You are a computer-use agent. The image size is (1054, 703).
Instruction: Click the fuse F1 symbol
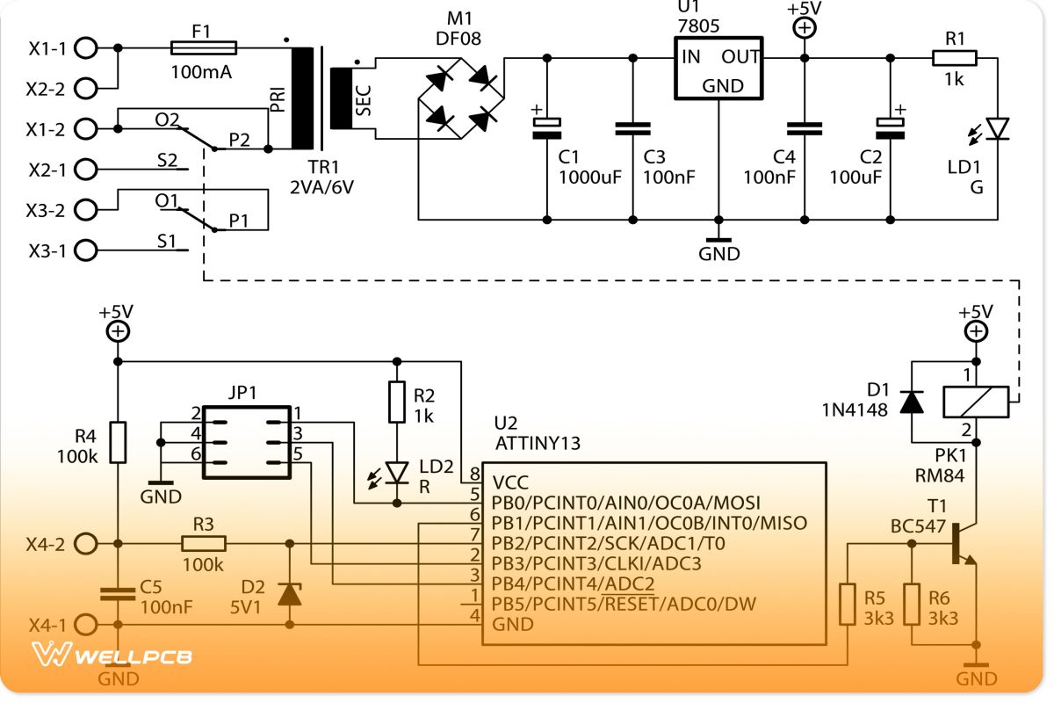click(202, 47)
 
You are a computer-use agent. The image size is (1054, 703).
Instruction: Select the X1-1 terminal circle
click(85, 47)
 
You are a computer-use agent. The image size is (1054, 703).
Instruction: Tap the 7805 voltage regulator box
click(718, 69)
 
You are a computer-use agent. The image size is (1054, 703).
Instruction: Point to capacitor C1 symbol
click(546, 128)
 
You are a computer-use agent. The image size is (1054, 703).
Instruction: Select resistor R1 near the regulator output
click(954, 58)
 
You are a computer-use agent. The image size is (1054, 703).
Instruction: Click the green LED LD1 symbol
click(997, 129)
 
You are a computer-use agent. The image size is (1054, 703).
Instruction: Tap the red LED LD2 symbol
click(398, 473)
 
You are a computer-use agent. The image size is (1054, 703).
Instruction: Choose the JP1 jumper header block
click(247, 442)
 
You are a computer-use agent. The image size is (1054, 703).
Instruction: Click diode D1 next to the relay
click(913, 402)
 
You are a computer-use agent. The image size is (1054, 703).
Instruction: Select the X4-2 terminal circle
click(85, 544)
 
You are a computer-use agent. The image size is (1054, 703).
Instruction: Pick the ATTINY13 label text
click(538, 442)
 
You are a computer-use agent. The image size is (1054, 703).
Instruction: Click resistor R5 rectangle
click(847, 604)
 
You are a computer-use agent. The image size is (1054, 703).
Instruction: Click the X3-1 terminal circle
click(85, 250)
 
